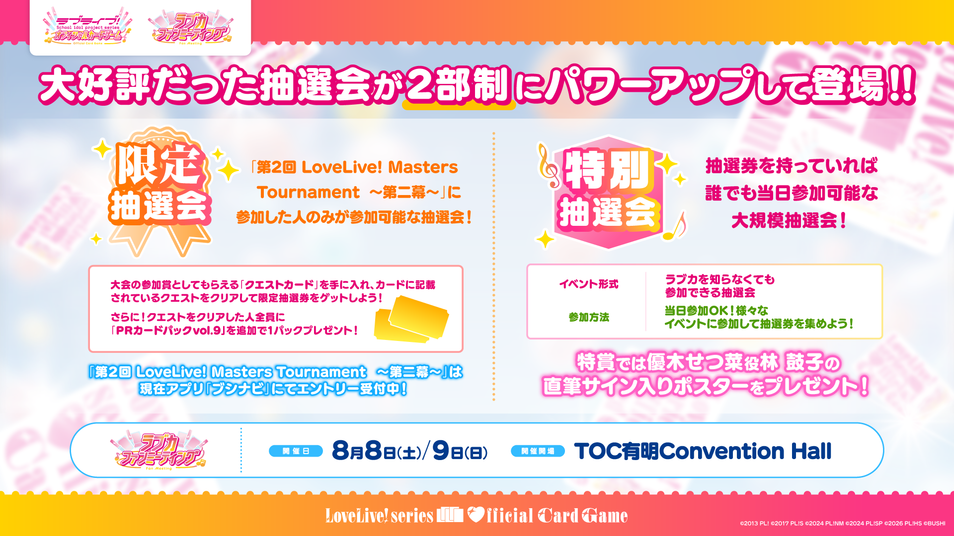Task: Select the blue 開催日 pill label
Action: coord(296,451)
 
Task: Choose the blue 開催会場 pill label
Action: coord(538,451)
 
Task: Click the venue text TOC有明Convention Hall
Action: coord(703,451)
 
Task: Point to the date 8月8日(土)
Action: coord(376,451)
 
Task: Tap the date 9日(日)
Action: coord(460,451)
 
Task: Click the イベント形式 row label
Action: coord(589,284)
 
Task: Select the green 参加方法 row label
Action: coord(589,317)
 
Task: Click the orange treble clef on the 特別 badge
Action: coord(548,167)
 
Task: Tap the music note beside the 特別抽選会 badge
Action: coord(675,226)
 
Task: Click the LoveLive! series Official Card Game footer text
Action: coord(476,516)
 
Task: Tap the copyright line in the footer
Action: coord(843,523)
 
